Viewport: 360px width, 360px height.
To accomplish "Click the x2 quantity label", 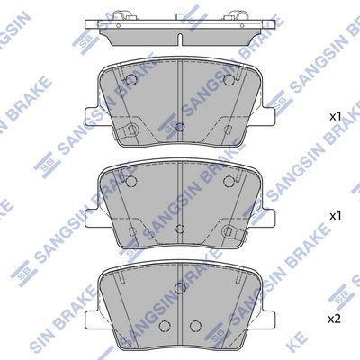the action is tap(335, 319).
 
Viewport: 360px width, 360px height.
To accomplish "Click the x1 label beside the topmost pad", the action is tap(336, 117).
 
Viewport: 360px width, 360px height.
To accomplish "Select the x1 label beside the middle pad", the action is tap(336, 216).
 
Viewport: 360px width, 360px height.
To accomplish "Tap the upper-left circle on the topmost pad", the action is tap(131, 79).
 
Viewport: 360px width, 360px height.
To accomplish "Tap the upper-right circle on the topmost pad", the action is tap(229, 79).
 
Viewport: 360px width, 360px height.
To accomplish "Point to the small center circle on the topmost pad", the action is tap(180, 127).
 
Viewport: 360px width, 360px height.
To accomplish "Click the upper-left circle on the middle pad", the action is tap(131, 181).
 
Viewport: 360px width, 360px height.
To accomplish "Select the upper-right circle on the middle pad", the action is tap(229, 181).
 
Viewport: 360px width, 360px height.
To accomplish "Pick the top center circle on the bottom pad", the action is tap(180, 287).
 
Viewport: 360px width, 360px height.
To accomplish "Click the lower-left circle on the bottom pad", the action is tap(165, 326).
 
